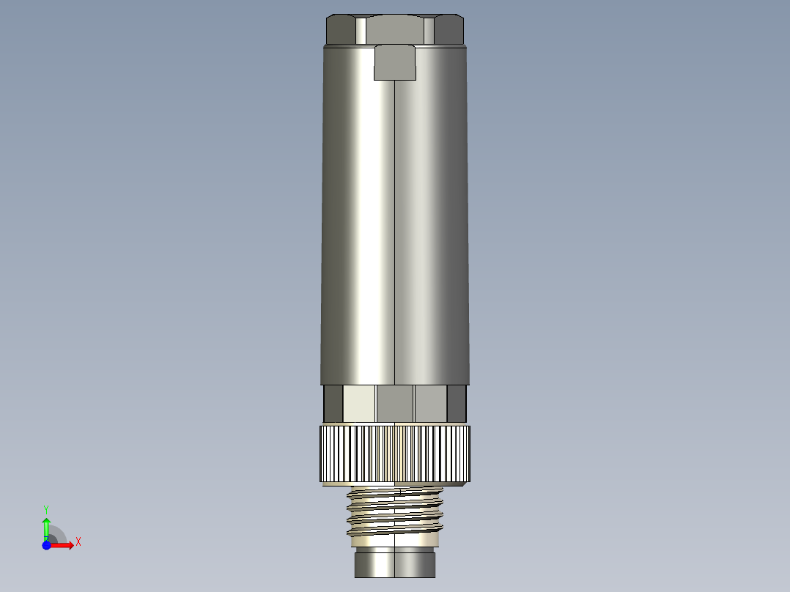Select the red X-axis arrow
pos(63,545)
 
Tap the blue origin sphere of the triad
pos(46,545)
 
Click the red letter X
pos(78,542)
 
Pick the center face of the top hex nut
pos(394,29)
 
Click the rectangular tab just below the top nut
pos(395,62)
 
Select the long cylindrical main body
pos(394,220)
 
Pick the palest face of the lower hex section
pos(359,404)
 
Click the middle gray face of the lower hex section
pos(395,404)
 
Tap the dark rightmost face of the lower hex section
pos(457,404)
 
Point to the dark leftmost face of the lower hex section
pos(333,404)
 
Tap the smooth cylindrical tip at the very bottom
pos(394,564)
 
